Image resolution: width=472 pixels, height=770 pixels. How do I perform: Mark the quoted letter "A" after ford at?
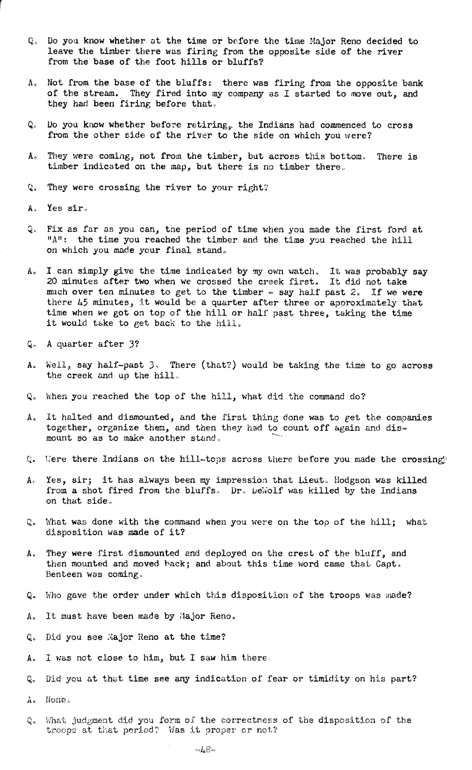[x=53, y=240]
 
